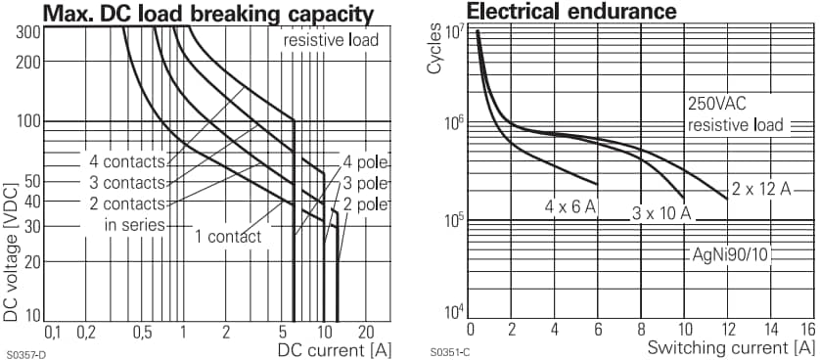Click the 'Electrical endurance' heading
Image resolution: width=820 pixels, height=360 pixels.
pyautogui.click(x=571, y=12)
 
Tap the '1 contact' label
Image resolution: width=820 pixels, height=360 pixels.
pyautogui.click(x=227, y=236)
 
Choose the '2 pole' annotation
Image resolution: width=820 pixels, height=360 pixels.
pyautogui.click(x=366, y=204)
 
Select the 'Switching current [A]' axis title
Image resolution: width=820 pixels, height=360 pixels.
pyautogui.click(x=730, y=348)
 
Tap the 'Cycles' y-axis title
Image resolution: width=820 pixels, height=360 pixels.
pyautogui.click(x=434, y=54)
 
